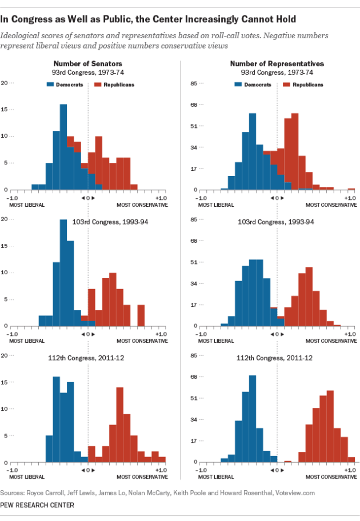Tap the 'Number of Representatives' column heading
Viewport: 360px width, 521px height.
pyautogui.click(x=277, y=64)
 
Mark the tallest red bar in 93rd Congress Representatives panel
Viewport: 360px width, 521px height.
pyautogui.click(x=295, y=151)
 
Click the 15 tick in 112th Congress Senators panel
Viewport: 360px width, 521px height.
pyautogui.click(x=5, y=382)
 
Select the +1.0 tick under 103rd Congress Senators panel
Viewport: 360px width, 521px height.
pyautogui.click(x=161, y=333)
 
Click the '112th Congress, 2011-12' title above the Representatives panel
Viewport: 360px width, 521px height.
pyautogui.click(x=277, y=358)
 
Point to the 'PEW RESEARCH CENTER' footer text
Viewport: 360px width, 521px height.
pyautogui.click(x=38, y=504)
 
